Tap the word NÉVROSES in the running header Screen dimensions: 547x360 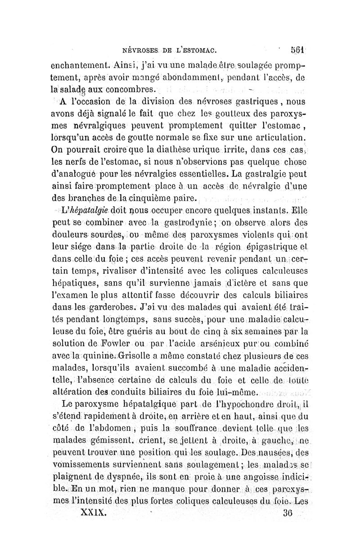137,49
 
